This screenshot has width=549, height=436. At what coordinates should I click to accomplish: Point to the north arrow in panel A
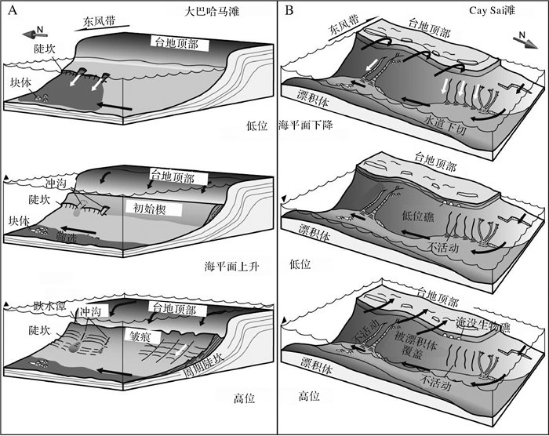click(33, 32)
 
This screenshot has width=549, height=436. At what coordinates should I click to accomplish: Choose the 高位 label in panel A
click(245, 397)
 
